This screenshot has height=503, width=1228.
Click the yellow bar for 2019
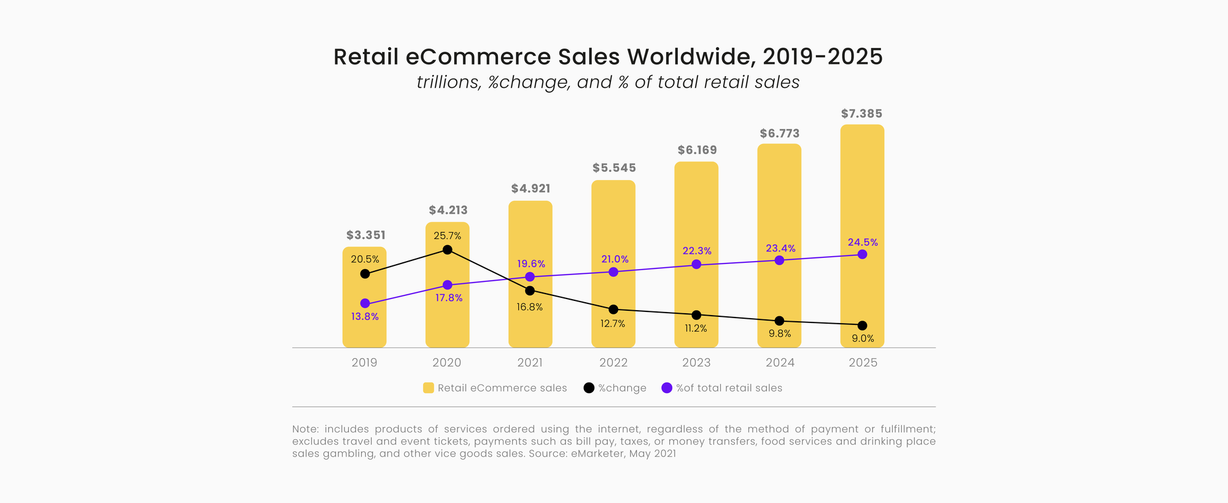[364, 326]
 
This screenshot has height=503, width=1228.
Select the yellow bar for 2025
[862, 184]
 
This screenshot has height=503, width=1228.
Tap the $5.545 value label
[614, 168]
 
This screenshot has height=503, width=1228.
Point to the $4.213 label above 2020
[448, 210]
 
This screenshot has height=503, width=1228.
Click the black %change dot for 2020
[448, 249]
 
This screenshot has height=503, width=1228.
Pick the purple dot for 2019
[365, 303]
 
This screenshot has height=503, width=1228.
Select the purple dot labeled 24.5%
[862, 254]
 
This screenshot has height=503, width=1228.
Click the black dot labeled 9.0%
[862, 326]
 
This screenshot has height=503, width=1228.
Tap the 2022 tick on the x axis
[613, 362]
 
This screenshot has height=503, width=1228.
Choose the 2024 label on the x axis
[780, 362]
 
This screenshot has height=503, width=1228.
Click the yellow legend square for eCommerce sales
[429, 388]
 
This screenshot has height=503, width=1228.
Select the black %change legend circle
[589, 388]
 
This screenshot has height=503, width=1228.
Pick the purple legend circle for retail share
[667, 388]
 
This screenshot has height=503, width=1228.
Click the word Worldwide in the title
[691, 57]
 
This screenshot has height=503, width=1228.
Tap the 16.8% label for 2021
[529, 307]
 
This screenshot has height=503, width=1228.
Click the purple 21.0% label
[615, 259]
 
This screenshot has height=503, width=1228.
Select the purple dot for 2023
[696, 264]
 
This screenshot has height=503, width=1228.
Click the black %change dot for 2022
[613, 309]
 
